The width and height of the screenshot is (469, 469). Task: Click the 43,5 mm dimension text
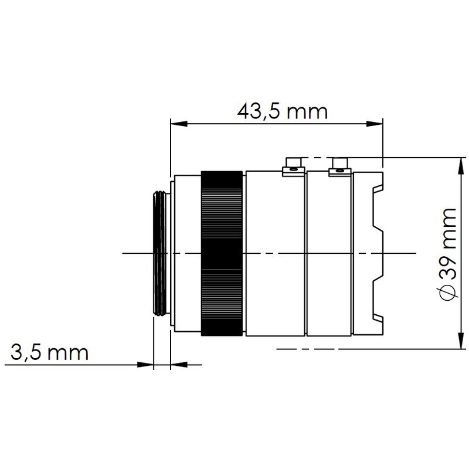pos(282,110)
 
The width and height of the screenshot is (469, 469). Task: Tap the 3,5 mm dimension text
pos(49,353)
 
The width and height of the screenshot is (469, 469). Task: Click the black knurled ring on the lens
pos(222,253)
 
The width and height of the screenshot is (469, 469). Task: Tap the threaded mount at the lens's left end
pos(160,253)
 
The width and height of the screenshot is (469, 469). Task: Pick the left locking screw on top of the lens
pos(293,166)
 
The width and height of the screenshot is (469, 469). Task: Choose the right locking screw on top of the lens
pos(340,166)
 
